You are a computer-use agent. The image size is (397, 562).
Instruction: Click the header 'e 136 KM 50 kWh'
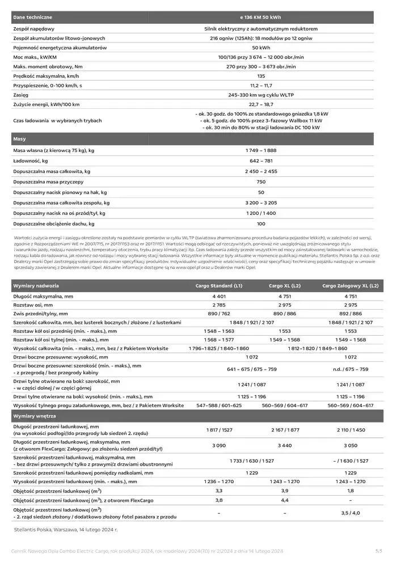point(261,18)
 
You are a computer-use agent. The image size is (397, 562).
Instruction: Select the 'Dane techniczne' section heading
point(32,18)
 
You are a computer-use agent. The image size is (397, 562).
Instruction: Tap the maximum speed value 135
point(261,75)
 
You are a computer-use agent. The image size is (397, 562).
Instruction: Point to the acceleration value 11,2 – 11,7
point(261,85)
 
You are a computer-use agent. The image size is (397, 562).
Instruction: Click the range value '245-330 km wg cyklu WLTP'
point(261,95)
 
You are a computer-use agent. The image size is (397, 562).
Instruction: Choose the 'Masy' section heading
point(20,138)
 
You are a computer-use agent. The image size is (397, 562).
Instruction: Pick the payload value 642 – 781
point(261,161)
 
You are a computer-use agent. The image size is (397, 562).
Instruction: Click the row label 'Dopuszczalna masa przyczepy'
point(48,182)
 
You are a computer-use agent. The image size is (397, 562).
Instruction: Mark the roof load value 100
point(261,224)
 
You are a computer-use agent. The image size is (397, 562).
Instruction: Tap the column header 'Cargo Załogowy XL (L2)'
point(350,285)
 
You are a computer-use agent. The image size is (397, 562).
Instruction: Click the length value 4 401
point(219,296)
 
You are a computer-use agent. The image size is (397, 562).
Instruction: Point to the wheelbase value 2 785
point(219,305)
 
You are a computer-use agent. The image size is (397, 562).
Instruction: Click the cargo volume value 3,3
point(219,489)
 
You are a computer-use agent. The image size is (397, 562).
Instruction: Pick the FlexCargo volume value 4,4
point(285,500)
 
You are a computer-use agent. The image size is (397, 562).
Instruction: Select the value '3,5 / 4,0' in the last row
point(350,513)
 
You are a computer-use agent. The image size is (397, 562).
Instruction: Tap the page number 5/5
point(379,551)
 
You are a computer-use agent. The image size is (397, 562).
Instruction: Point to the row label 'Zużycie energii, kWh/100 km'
point(47,104)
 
